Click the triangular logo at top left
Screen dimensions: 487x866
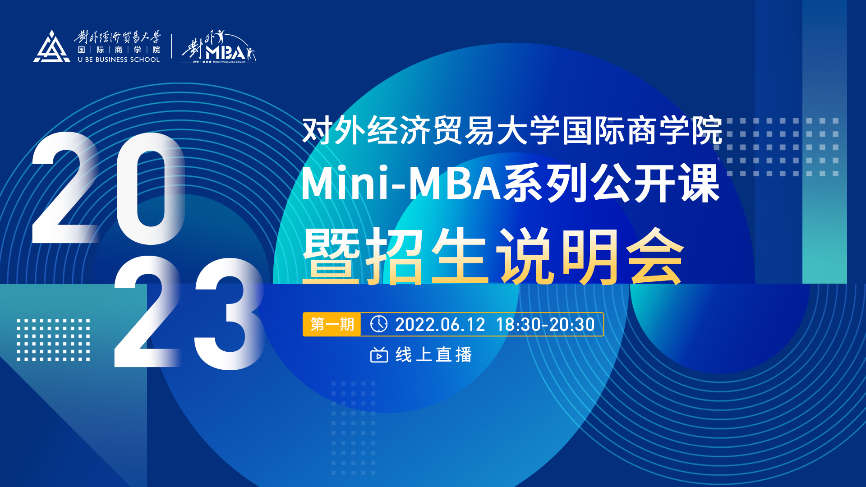(52, 47)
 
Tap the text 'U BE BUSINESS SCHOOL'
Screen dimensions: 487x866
(119, 60)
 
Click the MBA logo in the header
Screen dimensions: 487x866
(219, 47)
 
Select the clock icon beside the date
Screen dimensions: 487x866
(378, 324)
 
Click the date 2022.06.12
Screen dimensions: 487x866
(440, 325)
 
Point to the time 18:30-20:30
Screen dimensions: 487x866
(545, 325)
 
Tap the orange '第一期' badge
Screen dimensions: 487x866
(332, 324)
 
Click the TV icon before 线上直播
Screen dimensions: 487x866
(379, 355)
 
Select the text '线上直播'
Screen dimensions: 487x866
(434, 355)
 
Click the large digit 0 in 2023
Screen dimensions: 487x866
(151, 188)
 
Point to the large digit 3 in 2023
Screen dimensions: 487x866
(229, 314)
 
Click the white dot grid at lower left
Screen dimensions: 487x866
(53, 340)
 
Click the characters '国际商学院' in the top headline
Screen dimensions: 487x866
(642, 131)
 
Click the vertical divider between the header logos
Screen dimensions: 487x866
(171, 46)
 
